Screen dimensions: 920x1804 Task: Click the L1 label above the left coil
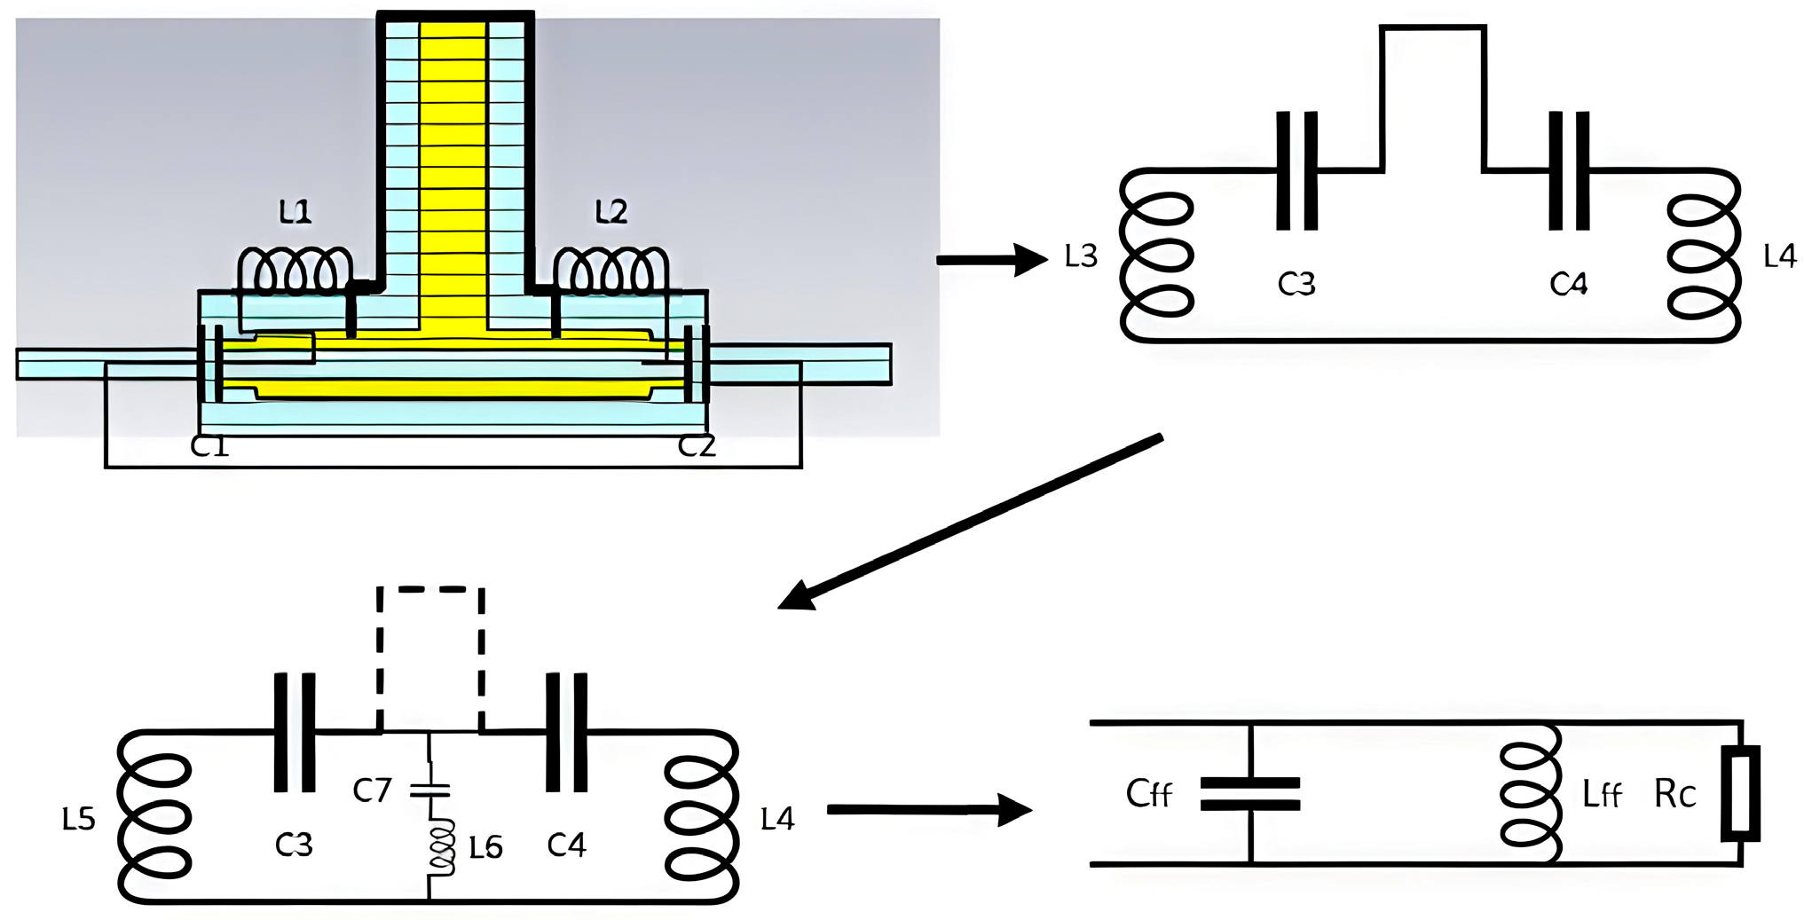coord(295,212)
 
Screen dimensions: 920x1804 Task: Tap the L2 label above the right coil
coord(611,211)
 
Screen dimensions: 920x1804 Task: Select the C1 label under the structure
coord(209,446)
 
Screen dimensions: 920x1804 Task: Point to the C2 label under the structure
coord(697,446)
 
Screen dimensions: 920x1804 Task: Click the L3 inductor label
coord(1081,257)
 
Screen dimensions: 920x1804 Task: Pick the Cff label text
coord(1148,794)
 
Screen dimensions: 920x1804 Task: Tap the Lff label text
coord(1602,795)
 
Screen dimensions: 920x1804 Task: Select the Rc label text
coord(1674,795)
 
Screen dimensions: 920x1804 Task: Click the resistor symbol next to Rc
coord(1740,793)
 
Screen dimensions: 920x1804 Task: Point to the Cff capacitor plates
coord(1249,794)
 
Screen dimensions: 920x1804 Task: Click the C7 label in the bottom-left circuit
coord(372,790)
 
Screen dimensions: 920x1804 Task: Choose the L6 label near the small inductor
coord(485,849)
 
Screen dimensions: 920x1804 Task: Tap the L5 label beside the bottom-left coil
coord(78,819)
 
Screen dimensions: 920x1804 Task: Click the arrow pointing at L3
coord(991,260)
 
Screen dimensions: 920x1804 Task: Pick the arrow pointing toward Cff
coord(928,809)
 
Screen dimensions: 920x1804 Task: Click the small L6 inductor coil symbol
coord(441,847)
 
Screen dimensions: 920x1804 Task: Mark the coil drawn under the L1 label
coord(294,271)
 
